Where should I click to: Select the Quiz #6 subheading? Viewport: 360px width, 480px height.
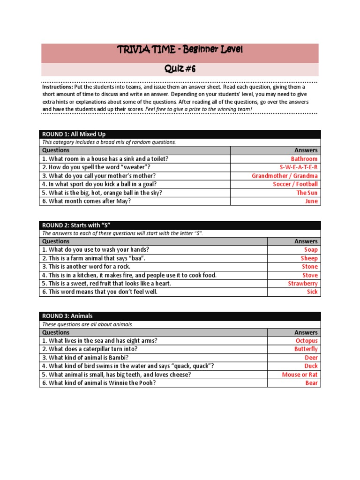pos(180,69)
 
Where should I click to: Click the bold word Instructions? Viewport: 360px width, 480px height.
pos(57,87)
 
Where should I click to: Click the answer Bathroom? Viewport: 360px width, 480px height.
pos(304,159)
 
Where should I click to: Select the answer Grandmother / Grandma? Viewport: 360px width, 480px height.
pos(285,176)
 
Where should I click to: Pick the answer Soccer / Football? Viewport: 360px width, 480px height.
pos(295,184)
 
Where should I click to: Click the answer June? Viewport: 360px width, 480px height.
pos(311,201)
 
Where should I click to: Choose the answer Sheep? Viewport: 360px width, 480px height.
pos(309,258)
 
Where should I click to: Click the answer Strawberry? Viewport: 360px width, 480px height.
pos(302,284)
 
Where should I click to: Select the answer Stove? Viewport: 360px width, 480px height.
pos(310,275)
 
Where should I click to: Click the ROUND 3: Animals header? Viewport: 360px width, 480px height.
pos(67,316)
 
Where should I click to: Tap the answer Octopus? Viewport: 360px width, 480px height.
pos(307,341)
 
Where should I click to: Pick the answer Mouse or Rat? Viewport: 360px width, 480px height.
pos(300,375)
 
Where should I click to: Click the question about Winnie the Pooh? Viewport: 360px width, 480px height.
pos(98,383)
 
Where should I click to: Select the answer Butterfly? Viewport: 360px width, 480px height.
pos(306,349)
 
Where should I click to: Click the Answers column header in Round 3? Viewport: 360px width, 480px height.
pos(306,332)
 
